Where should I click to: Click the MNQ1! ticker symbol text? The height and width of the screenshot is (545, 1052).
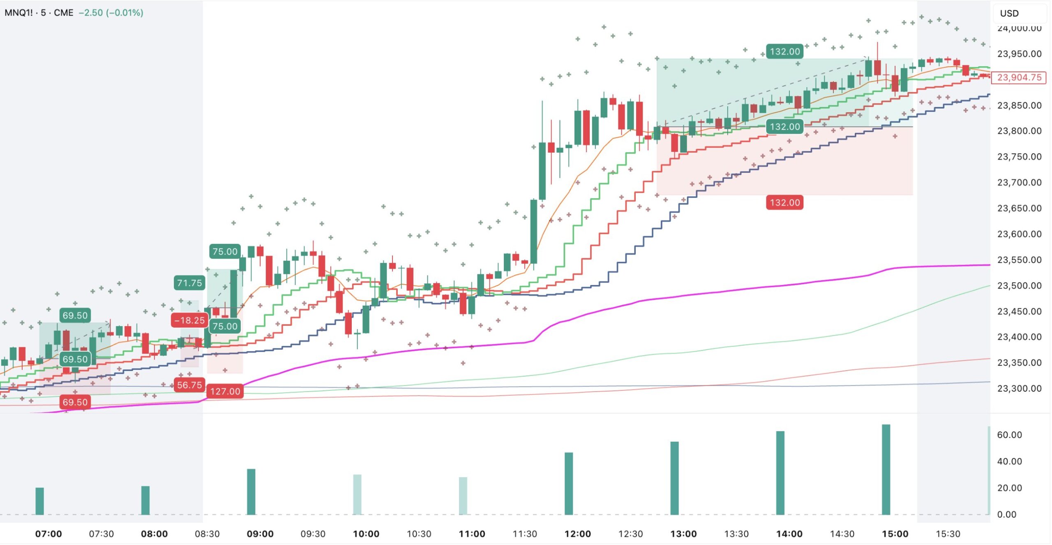[18, 13]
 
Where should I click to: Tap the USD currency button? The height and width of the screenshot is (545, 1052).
[1009, 13]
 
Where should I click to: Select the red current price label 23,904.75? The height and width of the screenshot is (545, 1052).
[1019, 77]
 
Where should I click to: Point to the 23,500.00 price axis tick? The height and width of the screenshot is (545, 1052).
[1019, 285]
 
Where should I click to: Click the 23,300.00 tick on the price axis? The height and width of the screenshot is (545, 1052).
[1019, 388]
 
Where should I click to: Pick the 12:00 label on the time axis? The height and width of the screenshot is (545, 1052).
[577, 534]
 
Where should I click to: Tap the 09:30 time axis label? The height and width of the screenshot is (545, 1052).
[313, 534]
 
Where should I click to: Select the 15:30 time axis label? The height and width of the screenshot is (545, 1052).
[948, 534]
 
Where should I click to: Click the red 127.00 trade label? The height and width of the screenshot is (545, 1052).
[225, 391]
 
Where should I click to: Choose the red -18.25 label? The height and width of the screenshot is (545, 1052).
[189, 320]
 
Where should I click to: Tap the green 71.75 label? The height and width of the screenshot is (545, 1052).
[189, 283]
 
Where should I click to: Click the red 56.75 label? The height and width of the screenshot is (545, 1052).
[189, 385]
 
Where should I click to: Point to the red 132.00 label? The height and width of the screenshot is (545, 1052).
[784, 202]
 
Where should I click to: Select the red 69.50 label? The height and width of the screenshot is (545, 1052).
[75, 402]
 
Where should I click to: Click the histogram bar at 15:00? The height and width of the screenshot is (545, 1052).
[886, 469]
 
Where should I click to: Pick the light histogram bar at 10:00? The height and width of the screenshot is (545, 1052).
[357, 494]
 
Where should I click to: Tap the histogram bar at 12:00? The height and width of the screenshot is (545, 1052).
[568, 483]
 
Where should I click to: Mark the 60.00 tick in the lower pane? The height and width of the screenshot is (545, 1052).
[1009, 435]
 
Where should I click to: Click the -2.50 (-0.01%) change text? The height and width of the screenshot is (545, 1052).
[111, 13]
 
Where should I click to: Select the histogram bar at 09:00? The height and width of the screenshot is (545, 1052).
[251, 492]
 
